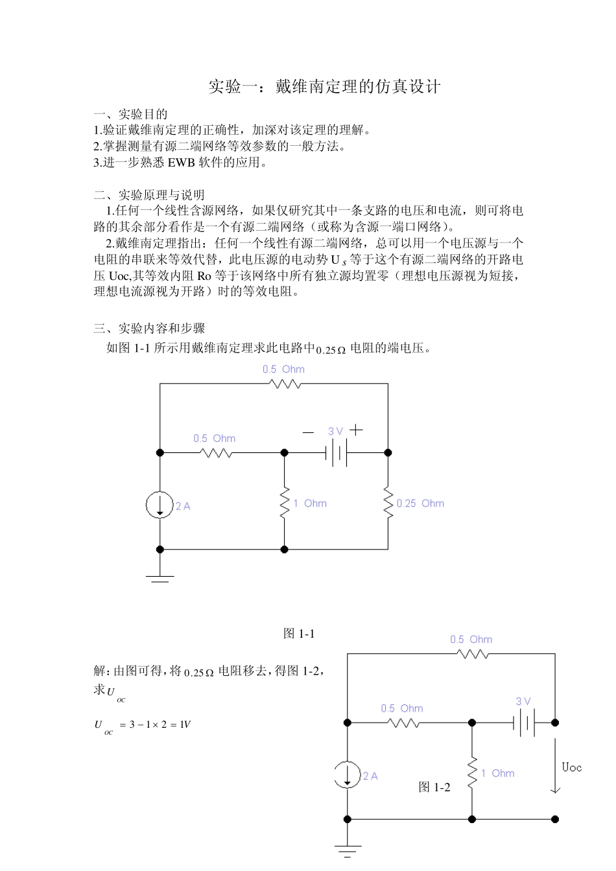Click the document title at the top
pos(324,86)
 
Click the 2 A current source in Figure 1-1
pos(160,505)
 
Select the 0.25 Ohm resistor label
pos(420,504)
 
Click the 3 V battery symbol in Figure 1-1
pos(336,454)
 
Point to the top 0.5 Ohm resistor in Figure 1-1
pos(284,384)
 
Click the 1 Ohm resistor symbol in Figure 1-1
pos(284,504)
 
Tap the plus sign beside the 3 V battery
pos(356,429)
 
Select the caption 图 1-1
pos(299,634)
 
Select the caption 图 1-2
pos(434,787)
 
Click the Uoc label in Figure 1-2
pos(571,768)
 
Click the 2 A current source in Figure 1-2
pos(348,775)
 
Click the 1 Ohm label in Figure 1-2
pos(497,773)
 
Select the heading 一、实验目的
pos(131,114)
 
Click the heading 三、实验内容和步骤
pos(149,328)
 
